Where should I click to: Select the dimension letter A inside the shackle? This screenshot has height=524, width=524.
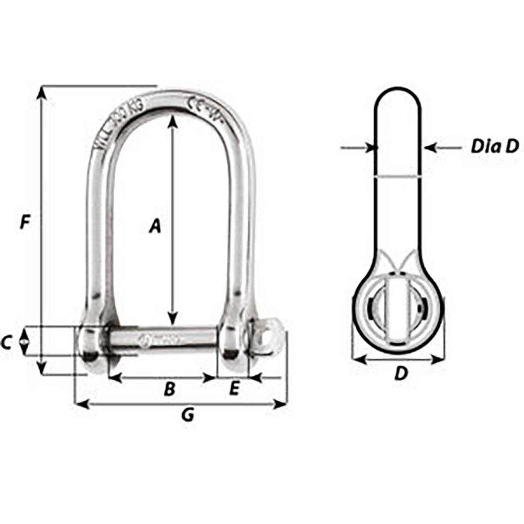[155, 226]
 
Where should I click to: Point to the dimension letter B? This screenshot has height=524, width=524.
[169, 389]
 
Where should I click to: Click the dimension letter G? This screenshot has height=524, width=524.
[187, 415]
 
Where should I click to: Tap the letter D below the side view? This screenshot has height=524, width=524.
[400, 374]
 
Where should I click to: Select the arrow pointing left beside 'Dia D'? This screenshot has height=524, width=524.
[431, 148]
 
